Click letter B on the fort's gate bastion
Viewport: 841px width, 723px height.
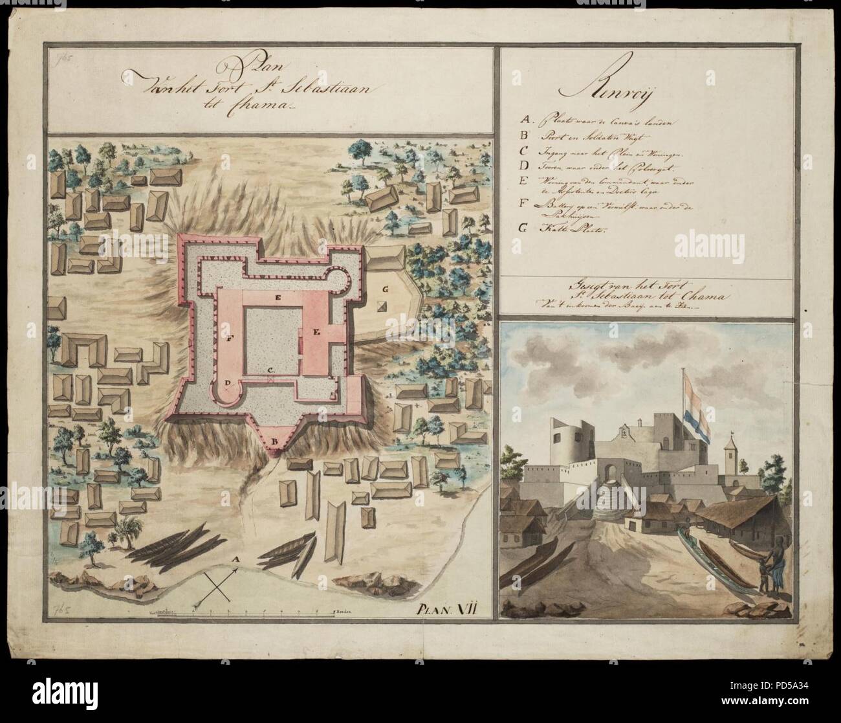pyautogui.click(x=274, y=442)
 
